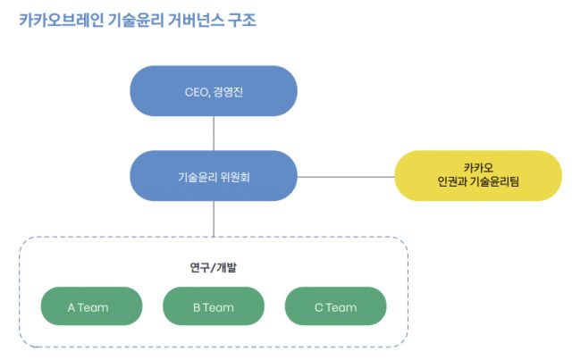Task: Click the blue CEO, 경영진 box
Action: [213, 91]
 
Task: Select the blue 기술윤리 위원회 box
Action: [213, 176]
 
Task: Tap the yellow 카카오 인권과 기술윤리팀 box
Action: [478, 175]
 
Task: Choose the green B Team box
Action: [213, 307]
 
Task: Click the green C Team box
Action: [335, 307]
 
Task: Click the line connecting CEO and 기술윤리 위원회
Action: [214, 133]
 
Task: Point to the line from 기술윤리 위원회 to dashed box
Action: [214, 218]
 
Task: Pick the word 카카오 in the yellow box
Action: [478, 167]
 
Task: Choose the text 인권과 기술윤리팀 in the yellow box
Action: [478, 183]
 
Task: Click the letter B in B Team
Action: [197, 307]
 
